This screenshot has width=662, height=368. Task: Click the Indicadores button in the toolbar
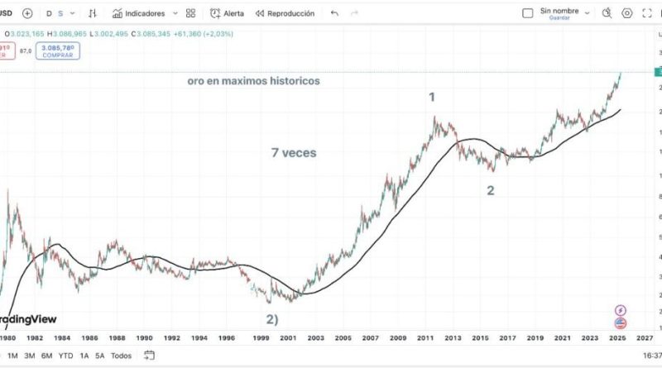[x=145, y=14]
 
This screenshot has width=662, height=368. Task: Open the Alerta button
[x=228, y=14]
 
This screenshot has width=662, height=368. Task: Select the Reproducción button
[x=285, y=14]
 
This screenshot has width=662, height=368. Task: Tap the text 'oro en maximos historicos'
[x=252, y=81]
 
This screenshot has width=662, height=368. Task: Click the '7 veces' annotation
[x=294, y=152]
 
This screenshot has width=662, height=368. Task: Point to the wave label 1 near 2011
[x=431, y=97]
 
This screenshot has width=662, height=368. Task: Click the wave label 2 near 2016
[x=491, y=190]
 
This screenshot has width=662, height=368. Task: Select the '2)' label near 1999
[x=271, y=319]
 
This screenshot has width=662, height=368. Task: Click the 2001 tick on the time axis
[x=288, y=338]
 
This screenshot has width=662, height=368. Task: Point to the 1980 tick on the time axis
[x=7, y=338]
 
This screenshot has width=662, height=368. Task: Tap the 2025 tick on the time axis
[x=617, y=338]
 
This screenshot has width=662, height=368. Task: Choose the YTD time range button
[x=65, y=356]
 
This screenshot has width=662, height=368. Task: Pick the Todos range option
[x=121, y=356]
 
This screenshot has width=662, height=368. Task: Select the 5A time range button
[x=99, y=356]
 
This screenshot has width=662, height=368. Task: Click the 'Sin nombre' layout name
[x=559, y=11]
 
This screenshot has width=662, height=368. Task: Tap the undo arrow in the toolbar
[x=334, y=14]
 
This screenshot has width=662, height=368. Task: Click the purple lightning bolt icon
[x=621, y=310]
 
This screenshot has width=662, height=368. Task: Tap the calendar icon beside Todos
[x=150, y=356]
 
